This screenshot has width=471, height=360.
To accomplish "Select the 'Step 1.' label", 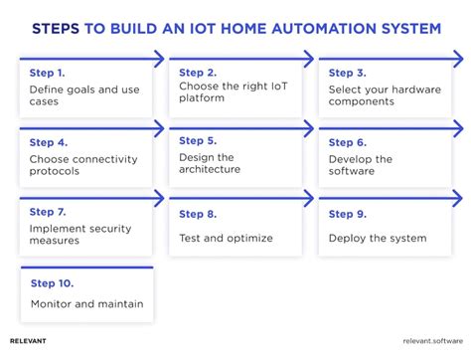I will coord(48,73).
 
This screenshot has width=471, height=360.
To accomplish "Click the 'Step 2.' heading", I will coord(198,73).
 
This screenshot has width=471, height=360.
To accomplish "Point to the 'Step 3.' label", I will coord(347,73).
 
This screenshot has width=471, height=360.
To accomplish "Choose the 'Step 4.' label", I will coord(48,142).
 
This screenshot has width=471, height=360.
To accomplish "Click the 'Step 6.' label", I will coord(347,142).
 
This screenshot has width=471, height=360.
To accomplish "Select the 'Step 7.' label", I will coord(48,212).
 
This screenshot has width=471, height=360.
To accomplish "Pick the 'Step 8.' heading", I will coord(198,213).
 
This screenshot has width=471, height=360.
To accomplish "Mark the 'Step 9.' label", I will coord(347,213).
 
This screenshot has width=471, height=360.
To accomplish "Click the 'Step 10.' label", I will coord(51,281).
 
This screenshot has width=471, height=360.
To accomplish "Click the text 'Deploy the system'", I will coord(377,238).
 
